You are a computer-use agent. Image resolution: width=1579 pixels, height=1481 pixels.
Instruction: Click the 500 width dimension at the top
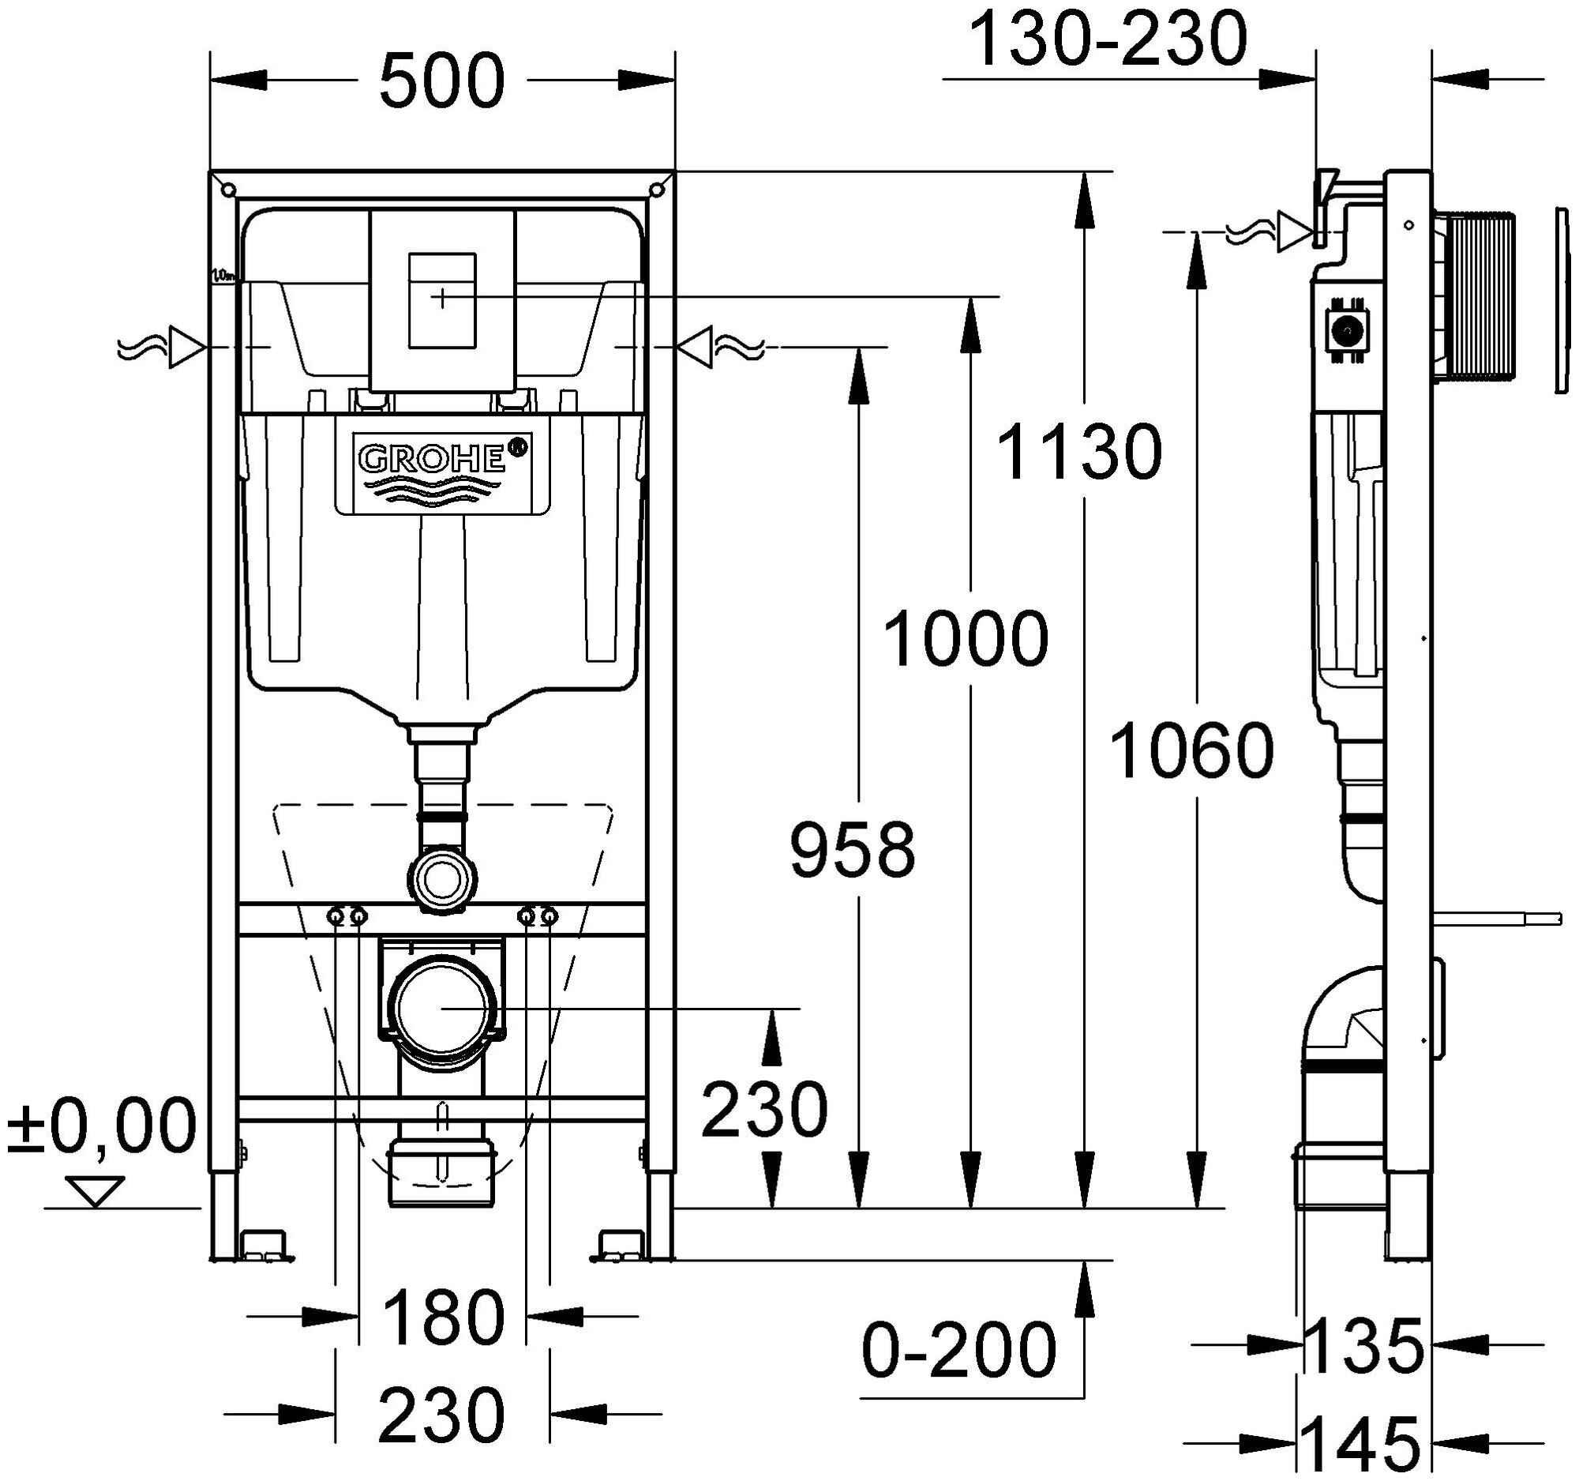point(441,81)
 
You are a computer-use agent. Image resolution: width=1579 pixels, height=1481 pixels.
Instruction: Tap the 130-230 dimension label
point(1108,39)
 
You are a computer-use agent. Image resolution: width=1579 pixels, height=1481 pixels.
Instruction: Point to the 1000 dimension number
point(966,639)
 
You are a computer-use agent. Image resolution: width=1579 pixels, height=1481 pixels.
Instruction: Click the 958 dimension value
point(852,850)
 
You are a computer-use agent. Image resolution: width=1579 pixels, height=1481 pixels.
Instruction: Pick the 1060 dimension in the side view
point(1191,750)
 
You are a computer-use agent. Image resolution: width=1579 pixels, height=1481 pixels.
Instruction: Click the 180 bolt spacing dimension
point(442,1317)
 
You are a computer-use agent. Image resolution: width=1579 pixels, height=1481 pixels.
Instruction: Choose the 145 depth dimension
point(1361,1444)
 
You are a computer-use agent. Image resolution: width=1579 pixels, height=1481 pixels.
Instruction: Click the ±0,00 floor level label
point(102,1126)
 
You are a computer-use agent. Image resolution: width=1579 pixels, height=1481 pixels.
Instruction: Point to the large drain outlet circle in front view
point(441,1007)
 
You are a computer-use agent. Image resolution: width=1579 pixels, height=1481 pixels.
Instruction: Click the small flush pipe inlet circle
point(441,878)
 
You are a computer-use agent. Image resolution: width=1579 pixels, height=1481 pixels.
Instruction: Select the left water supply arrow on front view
point(186,348)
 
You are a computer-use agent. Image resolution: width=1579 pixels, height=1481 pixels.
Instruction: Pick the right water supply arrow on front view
point(696,348)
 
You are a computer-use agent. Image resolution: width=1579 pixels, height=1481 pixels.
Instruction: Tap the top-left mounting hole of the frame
point(229,190)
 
